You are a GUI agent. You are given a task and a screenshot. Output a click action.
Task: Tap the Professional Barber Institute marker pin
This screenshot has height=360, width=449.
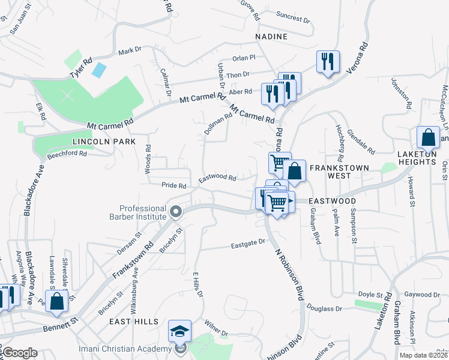click(x=176, y=211)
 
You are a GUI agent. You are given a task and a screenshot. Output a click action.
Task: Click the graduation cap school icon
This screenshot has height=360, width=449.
click(x=179, y=331)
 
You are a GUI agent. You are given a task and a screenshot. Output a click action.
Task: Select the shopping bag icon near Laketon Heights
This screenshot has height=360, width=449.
click(x=430, y=137)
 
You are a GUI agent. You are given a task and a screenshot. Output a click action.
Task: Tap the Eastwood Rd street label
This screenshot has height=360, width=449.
click(x=217, y=178)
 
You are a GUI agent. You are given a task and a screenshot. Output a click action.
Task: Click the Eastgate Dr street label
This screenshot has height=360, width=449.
click(x=249, y=242)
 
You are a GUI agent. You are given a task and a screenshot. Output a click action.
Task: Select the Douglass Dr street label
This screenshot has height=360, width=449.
click(x=324, y=308)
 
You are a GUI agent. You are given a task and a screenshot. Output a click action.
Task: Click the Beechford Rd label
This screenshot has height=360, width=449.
click(x=67, y=154)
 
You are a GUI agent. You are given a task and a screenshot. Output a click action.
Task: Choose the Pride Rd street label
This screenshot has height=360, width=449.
click(x=173, y=186)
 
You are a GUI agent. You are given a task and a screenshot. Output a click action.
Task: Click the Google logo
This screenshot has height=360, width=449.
click(x=20, y=353)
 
